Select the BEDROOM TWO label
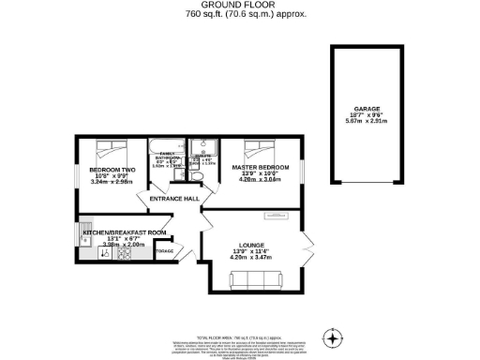click(114, 170)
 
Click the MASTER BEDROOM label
click(261, 167)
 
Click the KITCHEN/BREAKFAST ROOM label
click(125, 232)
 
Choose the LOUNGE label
click(250, 244)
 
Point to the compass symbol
click(332, 337)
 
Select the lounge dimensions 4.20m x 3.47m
click(250, 257)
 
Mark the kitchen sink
click(86, 229)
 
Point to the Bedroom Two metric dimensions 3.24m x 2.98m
click(114, 182)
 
